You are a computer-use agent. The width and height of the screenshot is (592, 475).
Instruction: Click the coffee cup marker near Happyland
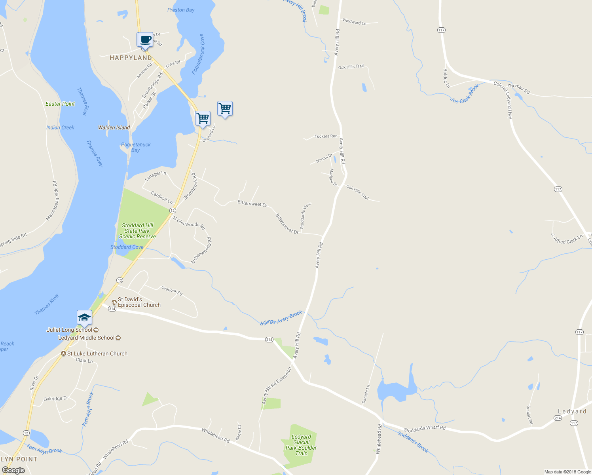(145, 40)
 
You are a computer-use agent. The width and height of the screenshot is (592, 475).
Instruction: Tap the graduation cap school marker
(84, 317)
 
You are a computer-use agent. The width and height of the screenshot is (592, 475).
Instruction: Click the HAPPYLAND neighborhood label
(131, 58)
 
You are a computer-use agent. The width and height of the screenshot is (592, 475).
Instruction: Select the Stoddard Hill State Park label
(137, 231)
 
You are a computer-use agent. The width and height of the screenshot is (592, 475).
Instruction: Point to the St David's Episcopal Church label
(139, 302)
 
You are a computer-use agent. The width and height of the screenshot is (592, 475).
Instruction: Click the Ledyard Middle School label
(86, 338)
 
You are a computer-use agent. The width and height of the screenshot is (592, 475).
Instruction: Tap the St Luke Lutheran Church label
(97, 353)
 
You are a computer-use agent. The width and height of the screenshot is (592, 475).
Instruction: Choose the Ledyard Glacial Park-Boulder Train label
(301, 445)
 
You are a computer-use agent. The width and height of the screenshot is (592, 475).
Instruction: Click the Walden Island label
(114, 127)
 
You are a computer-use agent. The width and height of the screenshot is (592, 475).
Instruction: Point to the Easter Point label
(60, 104)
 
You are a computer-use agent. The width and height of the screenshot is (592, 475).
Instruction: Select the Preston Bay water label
(181, 10)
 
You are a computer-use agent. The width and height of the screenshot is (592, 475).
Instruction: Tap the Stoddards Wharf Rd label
(424, 429)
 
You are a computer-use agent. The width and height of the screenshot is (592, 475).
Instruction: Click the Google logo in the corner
(13, 470)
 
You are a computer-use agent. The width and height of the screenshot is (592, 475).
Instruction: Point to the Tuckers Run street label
(326, 136)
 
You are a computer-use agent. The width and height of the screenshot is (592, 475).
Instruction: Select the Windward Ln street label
(354, 22)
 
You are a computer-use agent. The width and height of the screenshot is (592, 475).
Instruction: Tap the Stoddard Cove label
(127, 247)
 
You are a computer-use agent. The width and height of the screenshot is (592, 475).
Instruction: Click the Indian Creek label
(60, 127)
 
